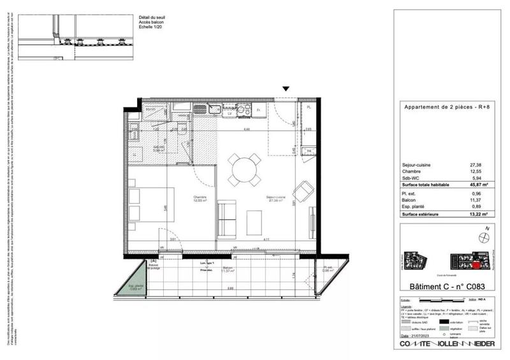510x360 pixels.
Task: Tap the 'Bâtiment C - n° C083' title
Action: [445, 287]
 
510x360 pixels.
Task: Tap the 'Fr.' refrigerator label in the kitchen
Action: [259, 110]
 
